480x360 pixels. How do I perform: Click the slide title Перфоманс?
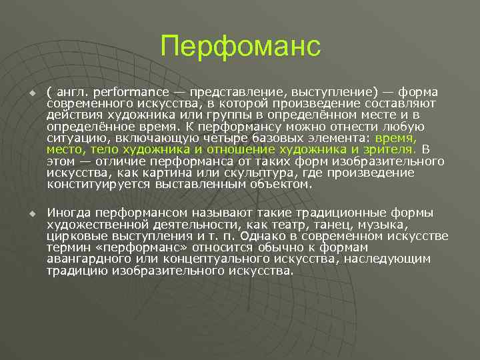[x=240, y=47]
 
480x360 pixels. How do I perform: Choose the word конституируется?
[x=88, y=184]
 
